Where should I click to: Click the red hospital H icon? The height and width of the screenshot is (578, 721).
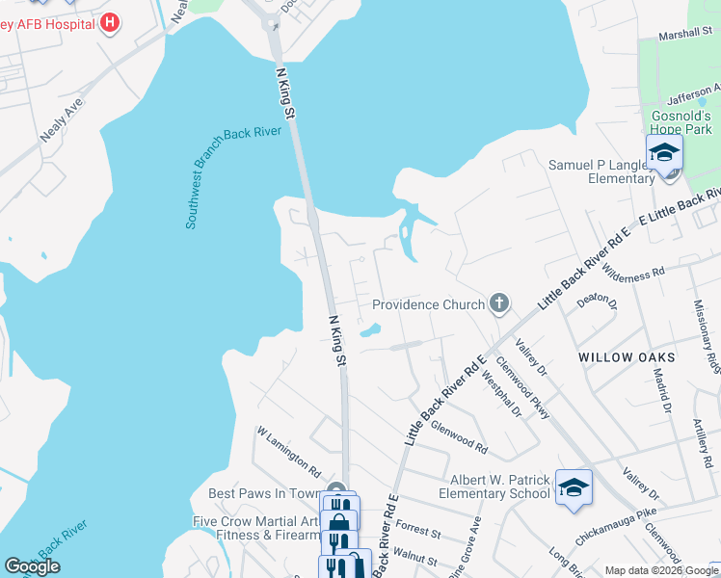pyautogui.click(x=110, y=21)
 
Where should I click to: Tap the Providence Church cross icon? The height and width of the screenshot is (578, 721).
pyautogui.click(x=498, y=304)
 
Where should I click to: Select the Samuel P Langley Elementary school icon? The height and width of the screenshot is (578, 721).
pyautogui.click(x=663, y=154)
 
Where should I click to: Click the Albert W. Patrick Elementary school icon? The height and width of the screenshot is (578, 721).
pyautogui.click(x=573, y=487)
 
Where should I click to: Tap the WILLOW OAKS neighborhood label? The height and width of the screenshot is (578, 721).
pyautogui.click(x=627, y=357)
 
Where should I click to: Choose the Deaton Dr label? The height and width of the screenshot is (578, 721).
pyautogui.click(x=596, y=300)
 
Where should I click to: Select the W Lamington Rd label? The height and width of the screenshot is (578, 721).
pyautogui.click(x=288, y=453)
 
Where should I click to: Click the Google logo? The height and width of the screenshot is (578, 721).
pyautogui.click(x=32, y=566)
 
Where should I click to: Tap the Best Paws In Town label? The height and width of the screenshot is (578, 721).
pyautogui.click(x=264, y=493)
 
